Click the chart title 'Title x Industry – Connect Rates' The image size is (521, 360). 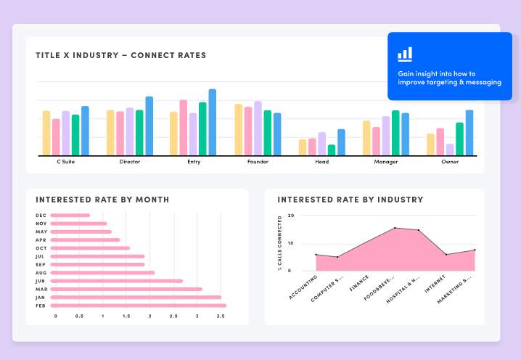(x=120, y=55)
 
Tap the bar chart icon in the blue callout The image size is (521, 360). (x=405, y=54)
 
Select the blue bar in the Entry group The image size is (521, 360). (x=212, y=122)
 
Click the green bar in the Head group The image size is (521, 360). (x=332, y=150)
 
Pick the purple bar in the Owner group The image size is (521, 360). (x=450, y=149)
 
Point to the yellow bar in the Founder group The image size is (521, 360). (x=239, y=129)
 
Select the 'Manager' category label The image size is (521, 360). (x=385, y=162)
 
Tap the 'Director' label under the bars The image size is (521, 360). (x=130, y=162)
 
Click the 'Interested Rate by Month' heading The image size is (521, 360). (x=102, y=200)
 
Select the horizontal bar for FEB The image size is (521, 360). (x=139, y=306)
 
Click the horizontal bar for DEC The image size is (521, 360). (x=71, y=215)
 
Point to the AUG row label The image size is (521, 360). (x=41, y=273)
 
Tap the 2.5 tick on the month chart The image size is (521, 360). (x=173, y=316)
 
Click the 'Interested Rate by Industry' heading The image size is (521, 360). (x=350, y=200)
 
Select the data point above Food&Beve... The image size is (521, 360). (x=395, y=228)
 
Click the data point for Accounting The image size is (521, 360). (x=316, y=255)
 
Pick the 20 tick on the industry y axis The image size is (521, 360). (x=291, y=216)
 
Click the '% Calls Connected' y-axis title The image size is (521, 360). (x=279, y=243)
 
